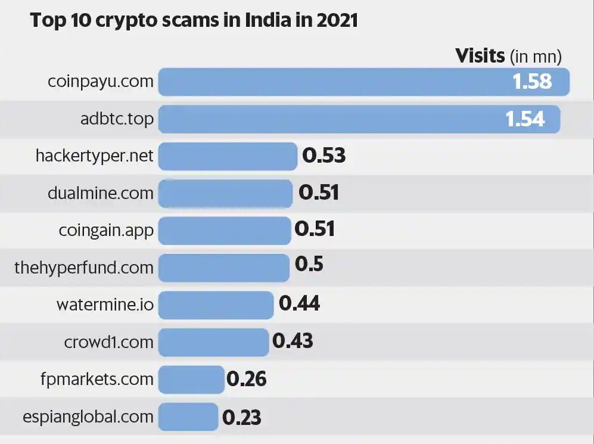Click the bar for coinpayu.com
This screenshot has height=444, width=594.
[334, 82]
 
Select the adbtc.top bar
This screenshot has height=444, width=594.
[328, 119]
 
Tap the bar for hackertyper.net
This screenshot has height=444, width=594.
[228, 156]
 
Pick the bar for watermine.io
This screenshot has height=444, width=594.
[216, 305]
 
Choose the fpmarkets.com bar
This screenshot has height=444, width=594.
[191, 379]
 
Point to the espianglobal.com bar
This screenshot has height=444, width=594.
[188, 416]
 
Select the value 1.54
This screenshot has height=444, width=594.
[525, 119]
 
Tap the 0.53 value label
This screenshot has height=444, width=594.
[324, 156]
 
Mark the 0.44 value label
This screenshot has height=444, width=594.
[300, 304]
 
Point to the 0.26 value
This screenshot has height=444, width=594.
[246, 379]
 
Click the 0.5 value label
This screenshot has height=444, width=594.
[309, 264]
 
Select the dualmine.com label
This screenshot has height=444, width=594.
[100, 193]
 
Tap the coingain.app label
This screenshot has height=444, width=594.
[106, 230]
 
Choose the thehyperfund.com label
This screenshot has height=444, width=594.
[84, 268]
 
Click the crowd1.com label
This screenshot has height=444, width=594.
[108, 342]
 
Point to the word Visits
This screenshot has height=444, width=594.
[480, 56]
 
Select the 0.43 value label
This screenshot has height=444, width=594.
[293, 341]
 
